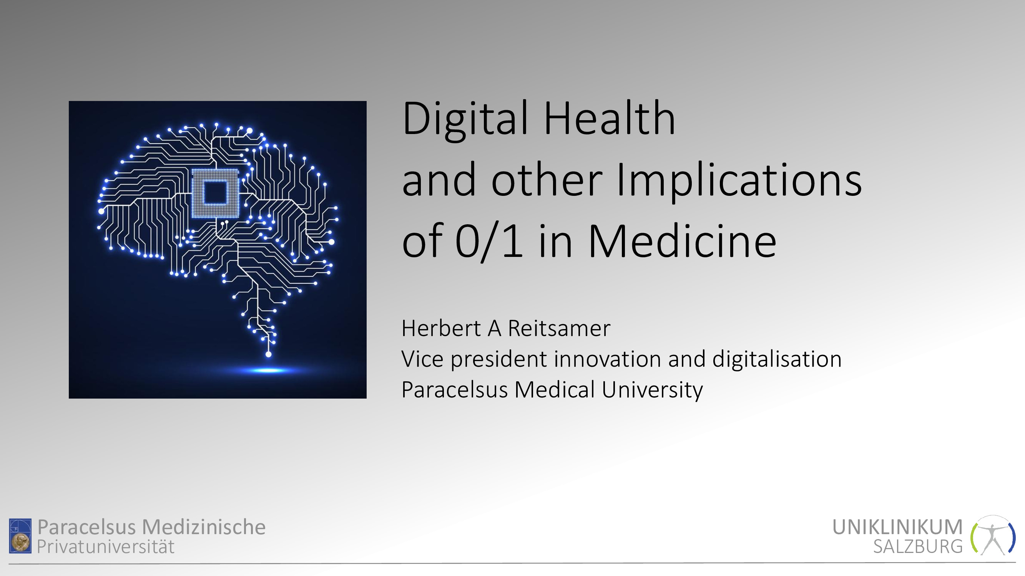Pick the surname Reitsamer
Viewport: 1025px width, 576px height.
[x=559, y=329]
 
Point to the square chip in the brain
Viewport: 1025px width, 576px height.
[x=215, y=194]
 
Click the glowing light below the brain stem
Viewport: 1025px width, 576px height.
[x=268, y=371]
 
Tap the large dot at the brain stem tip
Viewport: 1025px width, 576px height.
[x=269, y=354]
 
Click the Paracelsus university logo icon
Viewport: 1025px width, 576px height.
[x=20, y=535]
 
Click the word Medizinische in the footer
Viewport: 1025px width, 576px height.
[x=204, y=527]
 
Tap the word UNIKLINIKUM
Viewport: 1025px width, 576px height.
[x=897, y=527]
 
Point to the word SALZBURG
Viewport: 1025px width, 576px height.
[x=918, y=546]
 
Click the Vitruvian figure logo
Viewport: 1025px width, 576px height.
[x=993, y=535]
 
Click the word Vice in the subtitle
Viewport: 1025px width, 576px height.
[x=423, y=359]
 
